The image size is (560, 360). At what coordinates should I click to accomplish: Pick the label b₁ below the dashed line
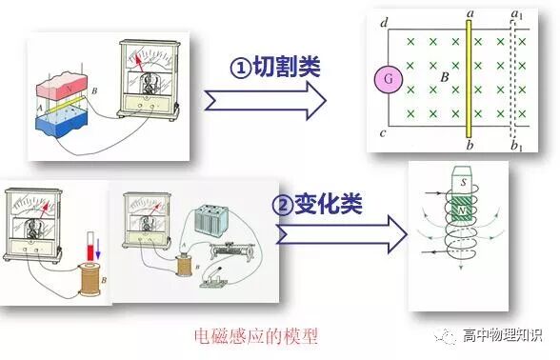(518, 147)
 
